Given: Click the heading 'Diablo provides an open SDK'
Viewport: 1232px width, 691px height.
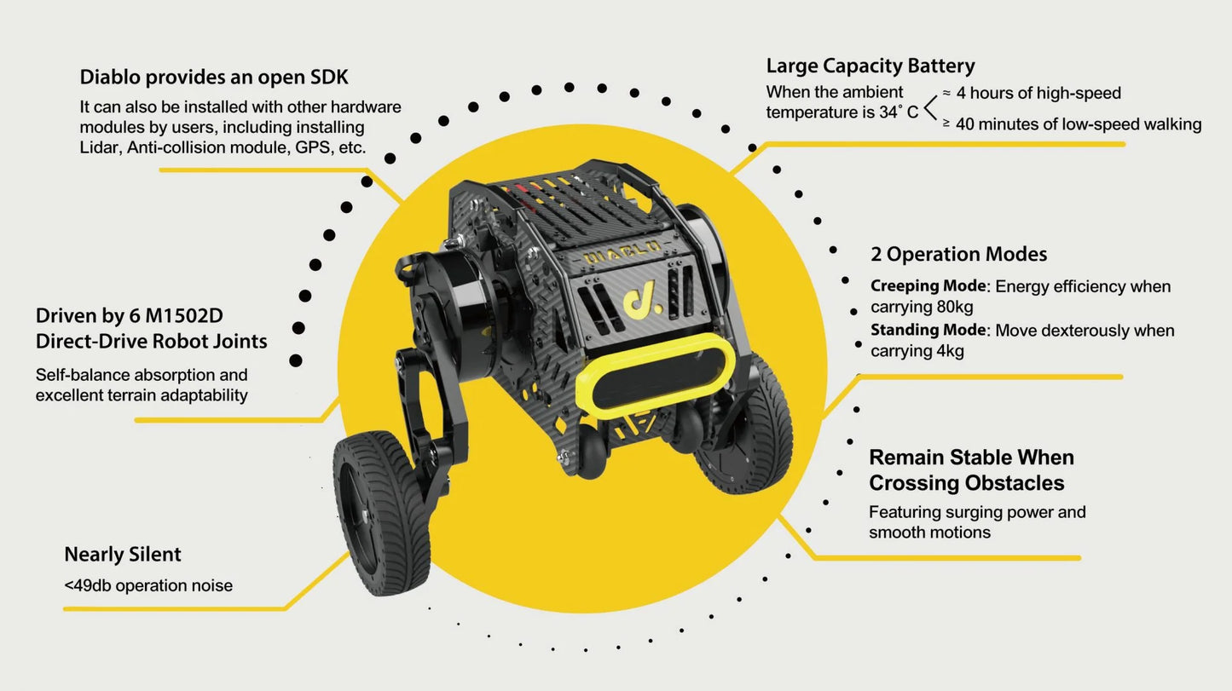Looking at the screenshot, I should (214, 77).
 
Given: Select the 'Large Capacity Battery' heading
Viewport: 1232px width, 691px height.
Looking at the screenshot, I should (870, 66).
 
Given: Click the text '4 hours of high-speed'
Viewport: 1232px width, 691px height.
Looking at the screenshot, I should (1038, 93).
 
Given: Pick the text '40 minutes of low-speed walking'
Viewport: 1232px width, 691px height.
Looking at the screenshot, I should (1079, 124).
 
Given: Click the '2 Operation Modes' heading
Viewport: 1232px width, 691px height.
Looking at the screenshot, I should (958, 254).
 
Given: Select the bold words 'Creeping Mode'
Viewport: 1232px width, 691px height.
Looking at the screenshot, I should (928, 286).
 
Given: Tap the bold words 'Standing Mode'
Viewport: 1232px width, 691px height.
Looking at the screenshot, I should (928, 330).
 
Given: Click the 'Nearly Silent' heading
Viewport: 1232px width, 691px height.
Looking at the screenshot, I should (123, 555).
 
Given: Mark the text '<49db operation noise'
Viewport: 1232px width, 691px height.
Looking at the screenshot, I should (148, 586).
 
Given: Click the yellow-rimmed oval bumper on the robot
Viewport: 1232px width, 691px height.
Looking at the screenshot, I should (656, 382).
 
